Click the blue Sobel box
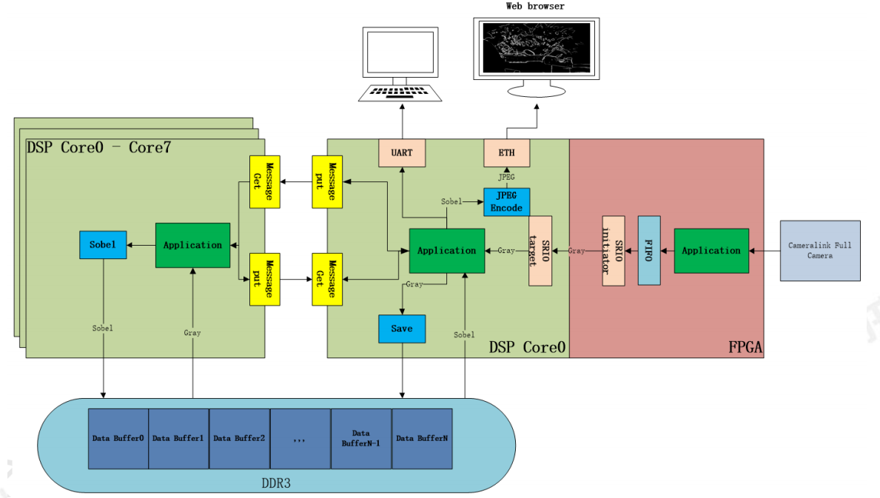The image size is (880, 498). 103,245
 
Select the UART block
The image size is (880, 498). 402,152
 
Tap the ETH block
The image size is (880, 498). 507,152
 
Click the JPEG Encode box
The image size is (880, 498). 507,201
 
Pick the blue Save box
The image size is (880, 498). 402,329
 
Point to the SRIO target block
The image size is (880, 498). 541,251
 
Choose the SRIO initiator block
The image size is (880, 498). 614,251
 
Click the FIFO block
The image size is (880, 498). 649,251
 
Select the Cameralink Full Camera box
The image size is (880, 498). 820,251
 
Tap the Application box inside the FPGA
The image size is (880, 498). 711,251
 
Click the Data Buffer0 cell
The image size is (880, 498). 118,438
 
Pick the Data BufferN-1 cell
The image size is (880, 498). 361,438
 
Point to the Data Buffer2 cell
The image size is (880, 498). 239,438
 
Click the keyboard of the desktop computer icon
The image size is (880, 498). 400,92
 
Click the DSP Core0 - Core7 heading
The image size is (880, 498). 98,147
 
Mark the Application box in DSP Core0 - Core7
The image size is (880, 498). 192,245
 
